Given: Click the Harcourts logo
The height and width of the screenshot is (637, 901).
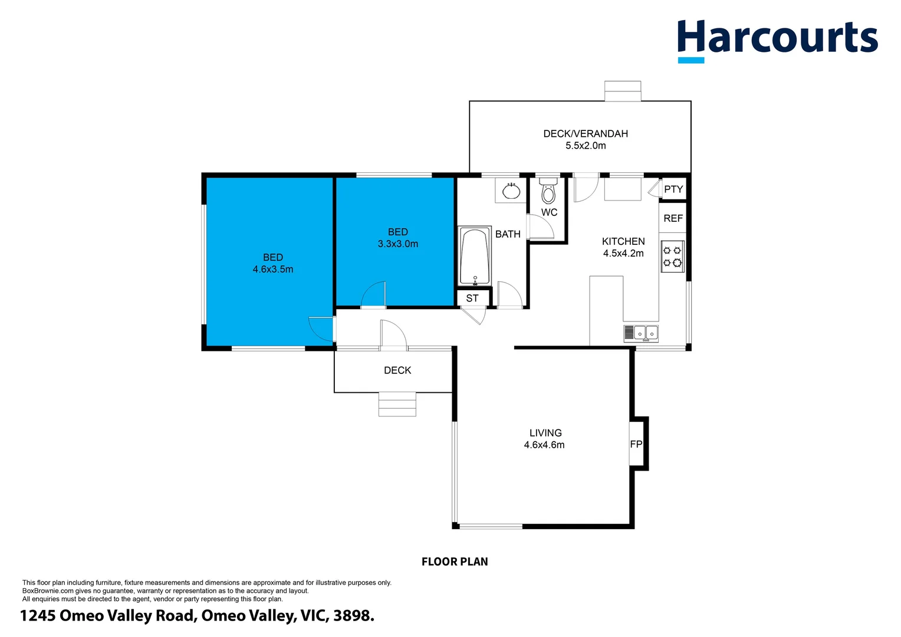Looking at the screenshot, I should point(777,39).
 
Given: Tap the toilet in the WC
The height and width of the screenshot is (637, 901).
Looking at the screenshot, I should point(548,191).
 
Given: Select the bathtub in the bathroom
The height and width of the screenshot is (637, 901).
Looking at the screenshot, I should point(475,257).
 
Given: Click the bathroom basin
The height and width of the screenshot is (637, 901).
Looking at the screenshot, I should point(511,191).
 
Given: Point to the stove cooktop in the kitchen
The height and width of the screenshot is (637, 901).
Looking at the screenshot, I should point(672,257).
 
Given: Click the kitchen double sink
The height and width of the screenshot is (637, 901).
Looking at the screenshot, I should point(642,333).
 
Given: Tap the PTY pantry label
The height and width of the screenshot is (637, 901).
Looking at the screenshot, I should point(673,189).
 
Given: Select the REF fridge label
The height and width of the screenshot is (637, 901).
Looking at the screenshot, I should point(673,218).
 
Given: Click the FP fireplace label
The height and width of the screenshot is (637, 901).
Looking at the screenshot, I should point(636,444).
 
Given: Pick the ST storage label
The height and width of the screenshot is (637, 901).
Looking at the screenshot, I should point(472,298).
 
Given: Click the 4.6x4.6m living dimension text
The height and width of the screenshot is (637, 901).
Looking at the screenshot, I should point(544,445).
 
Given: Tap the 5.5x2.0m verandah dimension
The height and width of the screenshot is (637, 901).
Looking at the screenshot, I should point(586,146).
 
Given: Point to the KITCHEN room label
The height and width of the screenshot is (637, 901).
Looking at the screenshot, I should point(623,241).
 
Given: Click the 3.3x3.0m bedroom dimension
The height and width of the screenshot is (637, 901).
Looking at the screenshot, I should point(398,244).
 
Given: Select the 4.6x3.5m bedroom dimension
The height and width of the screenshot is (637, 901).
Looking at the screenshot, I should point(273,270).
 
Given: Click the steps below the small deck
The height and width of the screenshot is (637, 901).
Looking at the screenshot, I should point(397,404).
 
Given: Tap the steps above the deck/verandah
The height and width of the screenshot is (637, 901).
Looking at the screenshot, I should point(623,91).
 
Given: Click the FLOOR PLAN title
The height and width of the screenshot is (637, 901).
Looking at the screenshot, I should point(455,562).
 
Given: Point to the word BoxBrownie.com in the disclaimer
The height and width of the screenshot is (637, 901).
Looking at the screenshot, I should point(48,591).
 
